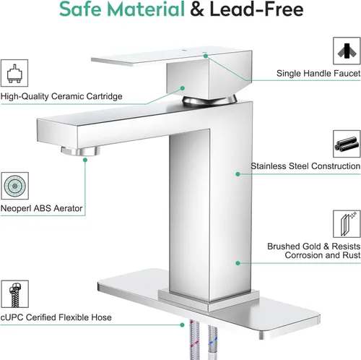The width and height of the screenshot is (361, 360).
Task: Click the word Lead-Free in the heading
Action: tap(256, 9)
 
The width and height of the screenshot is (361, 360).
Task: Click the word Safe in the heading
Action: tap(80, 9)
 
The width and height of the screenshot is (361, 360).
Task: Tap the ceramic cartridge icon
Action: tap(14, 73)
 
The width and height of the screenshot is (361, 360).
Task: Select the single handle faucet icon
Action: tap(347, 51)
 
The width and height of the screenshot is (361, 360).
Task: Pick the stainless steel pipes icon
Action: tap(347, 144)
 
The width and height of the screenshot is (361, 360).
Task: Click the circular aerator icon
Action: tap(14, 186)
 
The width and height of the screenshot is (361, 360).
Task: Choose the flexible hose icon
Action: tap(14, 294)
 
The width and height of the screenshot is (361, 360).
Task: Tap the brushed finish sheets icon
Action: tap(347, 224)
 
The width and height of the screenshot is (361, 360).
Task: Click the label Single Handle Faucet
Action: tap(318, 73)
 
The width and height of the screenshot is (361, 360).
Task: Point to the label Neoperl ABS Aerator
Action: tap(41, 208)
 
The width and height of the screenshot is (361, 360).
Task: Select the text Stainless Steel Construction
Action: tap(305, 166)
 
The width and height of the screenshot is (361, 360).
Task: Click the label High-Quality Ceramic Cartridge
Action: tap(61, 96)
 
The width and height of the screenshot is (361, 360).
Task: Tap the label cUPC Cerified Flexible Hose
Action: tap(56, 317)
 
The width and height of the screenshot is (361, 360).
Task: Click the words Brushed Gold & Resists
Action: tap(314, 247)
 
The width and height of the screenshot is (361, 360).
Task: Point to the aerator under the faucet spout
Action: tap(80, 151)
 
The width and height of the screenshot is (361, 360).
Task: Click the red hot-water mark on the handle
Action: tap(184, 51)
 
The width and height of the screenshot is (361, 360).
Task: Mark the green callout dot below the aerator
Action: tap(85, 160)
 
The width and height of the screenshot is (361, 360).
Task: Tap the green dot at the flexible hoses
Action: tap(182, 325)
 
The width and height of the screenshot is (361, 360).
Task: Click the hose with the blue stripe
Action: tap(213, 342)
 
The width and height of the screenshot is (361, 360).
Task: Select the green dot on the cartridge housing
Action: tap(183, 88)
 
